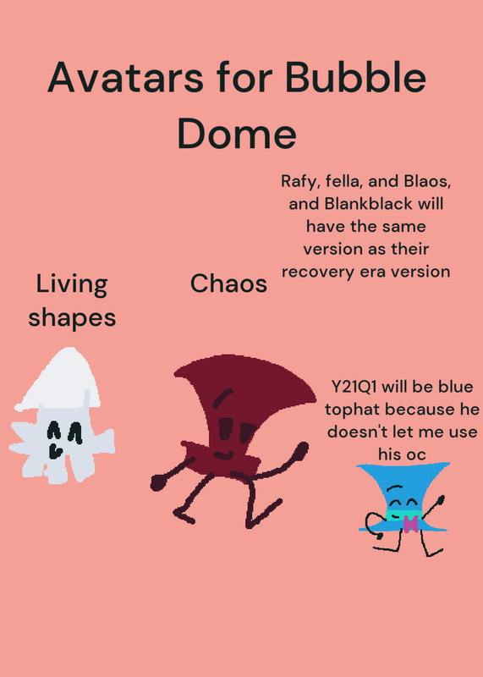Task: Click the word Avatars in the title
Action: (x=125, y=77)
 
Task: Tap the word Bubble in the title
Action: (x=355, y=77)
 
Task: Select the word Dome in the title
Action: (x=237, y=133)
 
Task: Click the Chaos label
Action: (x=228, y=283)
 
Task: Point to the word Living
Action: (x=72, y=286)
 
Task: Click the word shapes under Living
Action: (x=72, y=319)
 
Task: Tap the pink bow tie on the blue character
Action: (x=410, y=524)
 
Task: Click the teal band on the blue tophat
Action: (x=403, y=514)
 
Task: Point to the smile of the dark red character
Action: (x=224, y=455)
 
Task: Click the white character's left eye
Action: (x=53, y=430)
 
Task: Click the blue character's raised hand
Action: (x=440, y=500)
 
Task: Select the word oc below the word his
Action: (x=417, y=454)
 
